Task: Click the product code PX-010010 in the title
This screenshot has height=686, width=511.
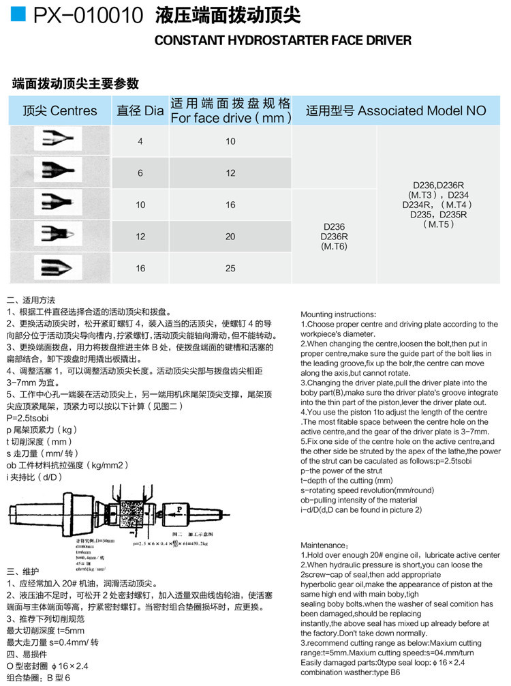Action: pos(89,16)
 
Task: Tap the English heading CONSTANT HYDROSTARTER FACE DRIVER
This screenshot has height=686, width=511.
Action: pos(283,40)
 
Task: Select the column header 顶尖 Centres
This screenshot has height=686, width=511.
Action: pos(59,110)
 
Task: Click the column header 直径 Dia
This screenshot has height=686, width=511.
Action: pos(140,110)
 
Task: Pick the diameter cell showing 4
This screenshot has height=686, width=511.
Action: pos(140,141)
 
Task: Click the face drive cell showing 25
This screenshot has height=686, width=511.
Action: pos(230,268)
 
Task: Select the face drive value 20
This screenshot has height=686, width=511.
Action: pos(230,237)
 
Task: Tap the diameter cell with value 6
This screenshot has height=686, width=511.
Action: pos(140,173)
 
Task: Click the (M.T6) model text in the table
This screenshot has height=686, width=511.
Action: pos(334,246)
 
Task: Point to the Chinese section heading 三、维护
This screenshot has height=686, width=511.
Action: pos(22,571)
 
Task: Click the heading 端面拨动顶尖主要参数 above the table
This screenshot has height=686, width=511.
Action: pos(76,83)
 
